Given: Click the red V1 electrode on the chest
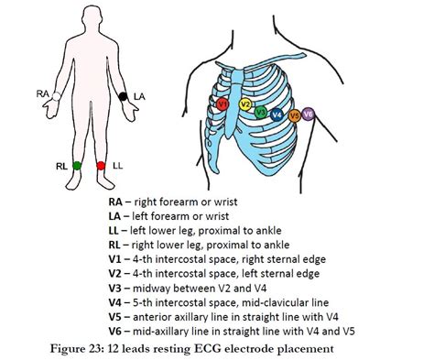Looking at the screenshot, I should pos(222,106).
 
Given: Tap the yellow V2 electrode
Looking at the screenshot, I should pos(244,105).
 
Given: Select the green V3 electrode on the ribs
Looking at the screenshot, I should pos(261,114).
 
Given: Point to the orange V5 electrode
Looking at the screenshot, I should pos(294,116).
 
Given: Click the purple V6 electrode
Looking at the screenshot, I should pos(309,115).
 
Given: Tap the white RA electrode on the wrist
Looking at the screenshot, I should pos(56,94).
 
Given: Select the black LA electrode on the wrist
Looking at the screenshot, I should pos(123,94).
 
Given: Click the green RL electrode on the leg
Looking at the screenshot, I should pos(77,166).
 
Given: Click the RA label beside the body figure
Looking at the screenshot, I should pos(42,93).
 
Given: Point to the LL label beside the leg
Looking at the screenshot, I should pos(118,167).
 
